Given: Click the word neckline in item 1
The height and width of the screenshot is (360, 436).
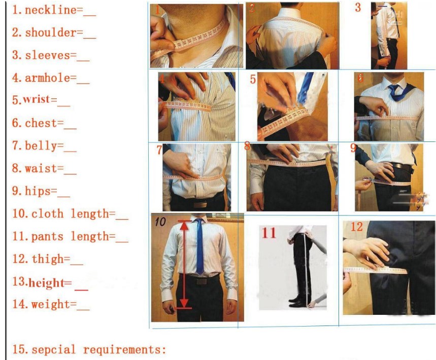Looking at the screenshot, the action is point(51,10).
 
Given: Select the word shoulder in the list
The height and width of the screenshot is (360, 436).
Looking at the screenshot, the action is point(51,33).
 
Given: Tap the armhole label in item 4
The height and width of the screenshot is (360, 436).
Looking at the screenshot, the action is point(48,78).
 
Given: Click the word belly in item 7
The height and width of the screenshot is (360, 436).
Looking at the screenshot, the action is point(41,146).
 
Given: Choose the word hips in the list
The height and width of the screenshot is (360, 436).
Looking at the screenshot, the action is point(38,191).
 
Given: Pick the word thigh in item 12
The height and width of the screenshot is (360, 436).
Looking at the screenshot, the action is point(48,259).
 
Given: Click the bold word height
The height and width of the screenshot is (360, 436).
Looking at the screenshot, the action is point(46,283).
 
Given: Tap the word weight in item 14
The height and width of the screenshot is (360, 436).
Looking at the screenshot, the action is point(51,304).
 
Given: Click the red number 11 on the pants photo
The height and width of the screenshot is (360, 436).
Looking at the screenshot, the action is point(269,233).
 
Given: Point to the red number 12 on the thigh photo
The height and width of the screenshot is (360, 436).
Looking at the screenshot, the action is point(356,227).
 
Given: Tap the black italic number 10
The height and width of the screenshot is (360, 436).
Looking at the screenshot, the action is point(160,222).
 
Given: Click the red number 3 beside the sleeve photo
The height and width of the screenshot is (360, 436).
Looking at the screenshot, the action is point(358,8).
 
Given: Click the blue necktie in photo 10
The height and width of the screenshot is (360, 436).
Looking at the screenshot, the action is point(199,246).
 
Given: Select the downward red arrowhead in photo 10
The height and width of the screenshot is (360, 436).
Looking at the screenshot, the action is point(184,303).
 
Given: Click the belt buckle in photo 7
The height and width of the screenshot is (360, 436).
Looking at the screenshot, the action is point(200,205).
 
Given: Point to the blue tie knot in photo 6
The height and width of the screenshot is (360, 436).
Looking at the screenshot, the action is point(393,89).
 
